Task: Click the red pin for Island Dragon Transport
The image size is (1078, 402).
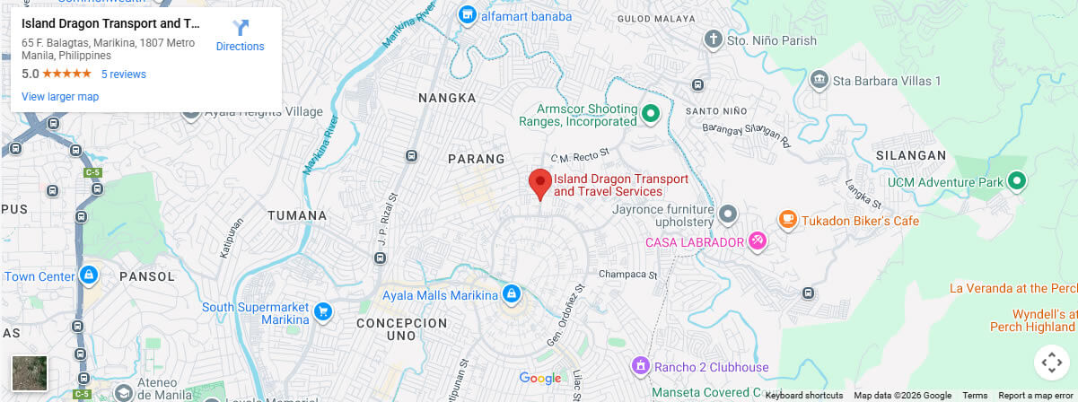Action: pyautogui.click(x=539, y=182)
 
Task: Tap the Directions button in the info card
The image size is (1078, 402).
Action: pyautogui.click(x=241, y=36)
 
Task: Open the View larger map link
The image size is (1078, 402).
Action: pyautogui.click(x=60, y=97)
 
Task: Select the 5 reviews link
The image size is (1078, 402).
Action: pyautogui.click(x=123, y=74)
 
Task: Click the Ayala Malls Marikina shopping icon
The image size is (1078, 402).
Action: pyautogui.click(x=511, y=293)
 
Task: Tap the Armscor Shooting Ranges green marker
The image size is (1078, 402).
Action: pyautogui.click(x=652, y=113)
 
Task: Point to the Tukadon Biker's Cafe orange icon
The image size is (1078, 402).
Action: pyautogui.click(x=787, y=220)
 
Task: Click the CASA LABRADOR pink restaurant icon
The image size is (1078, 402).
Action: pyautogui.click(x=758, y=241)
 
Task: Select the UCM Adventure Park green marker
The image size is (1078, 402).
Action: pyautogui.click(x=1016, y=182)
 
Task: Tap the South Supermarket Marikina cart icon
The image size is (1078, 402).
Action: pyautogui.click(x=322, y=312)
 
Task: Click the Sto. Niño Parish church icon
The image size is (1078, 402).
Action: pyautogui.click(x=713, y=39)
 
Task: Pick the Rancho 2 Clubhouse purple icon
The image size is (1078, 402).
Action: pyautogui.click(x=640, y=366)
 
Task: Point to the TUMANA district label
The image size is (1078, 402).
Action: pyautogui.click(x=296, y=215)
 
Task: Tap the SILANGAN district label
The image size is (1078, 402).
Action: pyautogui.click(x=916, y=155)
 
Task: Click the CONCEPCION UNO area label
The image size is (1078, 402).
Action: pyautogui.click(x=401, y=328)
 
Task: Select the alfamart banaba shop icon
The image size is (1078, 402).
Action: pyautogui.click(x=467, y=14)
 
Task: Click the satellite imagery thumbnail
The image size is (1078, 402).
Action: pyautogui.click(x=29, y=372)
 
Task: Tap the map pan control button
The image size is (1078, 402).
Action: pyautogui.click(x=1050, y=363)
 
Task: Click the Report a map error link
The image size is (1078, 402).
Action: pyautogui.click(x=1038, y=396)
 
